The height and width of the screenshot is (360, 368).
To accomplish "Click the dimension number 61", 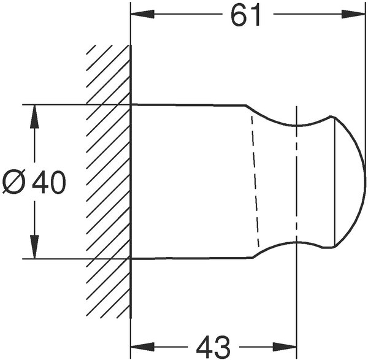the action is tap(245, 15).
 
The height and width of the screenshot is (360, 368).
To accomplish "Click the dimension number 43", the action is tap(213, 347).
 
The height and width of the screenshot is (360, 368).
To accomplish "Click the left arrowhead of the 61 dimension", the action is tap(142, 14).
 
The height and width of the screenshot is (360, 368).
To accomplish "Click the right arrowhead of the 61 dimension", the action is tap(353, 14).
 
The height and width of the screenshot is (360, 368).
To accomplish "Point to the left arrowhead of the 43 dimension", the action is tap(142, 347).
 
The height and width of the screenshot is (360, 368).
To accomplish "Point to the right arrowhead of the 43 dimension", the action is tap(285, 347).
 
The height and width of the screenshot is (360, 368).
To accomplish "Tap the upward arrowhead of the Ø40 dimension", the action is tap(35, 117).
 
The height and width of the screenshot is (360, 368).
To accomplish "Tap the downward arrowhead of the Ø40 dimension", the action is tap(35, 247).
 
